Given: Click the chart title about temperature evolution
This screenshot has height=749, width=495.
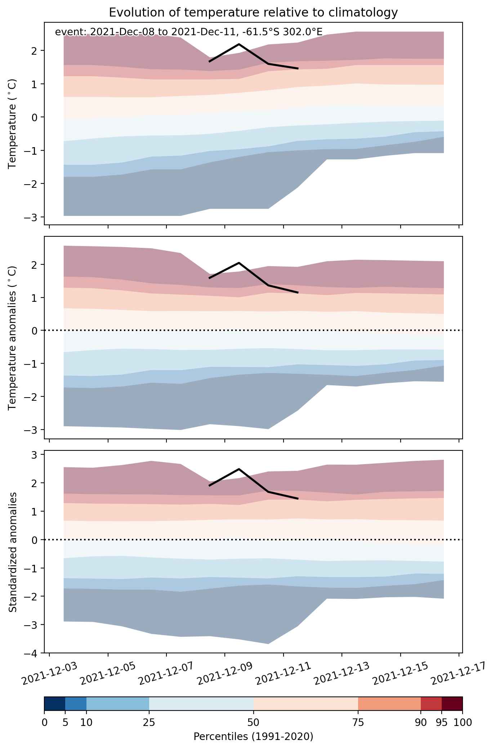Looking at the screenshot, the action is pyautogui.click(x=253, y=13).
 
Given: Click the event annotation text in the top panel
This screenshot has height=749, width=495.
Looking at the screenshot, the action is pyautogui.click(x=188, y=32).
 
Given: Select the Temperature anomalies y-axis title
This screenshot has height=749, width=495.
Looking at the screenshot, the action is pyautogui.click(x=13, y=338).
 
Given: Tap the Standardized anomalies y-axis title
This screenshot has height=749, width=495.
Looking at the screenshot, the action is pyautogui.click(x=13, y=552).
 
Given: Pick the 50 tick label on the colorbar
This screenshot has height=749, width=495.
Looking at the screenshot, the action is pyautogui.click(x=253, y=722).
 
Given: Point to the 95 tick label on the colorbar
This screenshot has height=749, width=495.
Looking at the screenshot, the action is pyautogui.click(x=442, y=722).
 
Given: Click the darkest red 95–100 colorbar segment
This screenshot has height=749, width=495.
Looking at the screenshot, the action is pyautogui.click(x=452, y=707).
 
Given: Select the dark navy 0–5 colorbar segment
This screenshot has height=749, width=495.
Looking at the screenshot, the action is pyautogui.click(x=55, y=707).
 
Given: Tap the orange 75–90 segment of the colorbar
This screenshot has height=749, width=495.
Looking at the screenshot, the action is pyautogui.click(x=389, y=707).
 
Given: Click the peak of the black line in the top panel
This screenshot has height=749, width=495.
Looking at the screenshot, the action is pyautogui.click(x=239, y=44).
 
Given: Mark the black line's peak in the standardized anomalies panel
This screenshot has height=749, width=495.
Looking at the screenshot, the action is pyautogui.click(x=239, y=469).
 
